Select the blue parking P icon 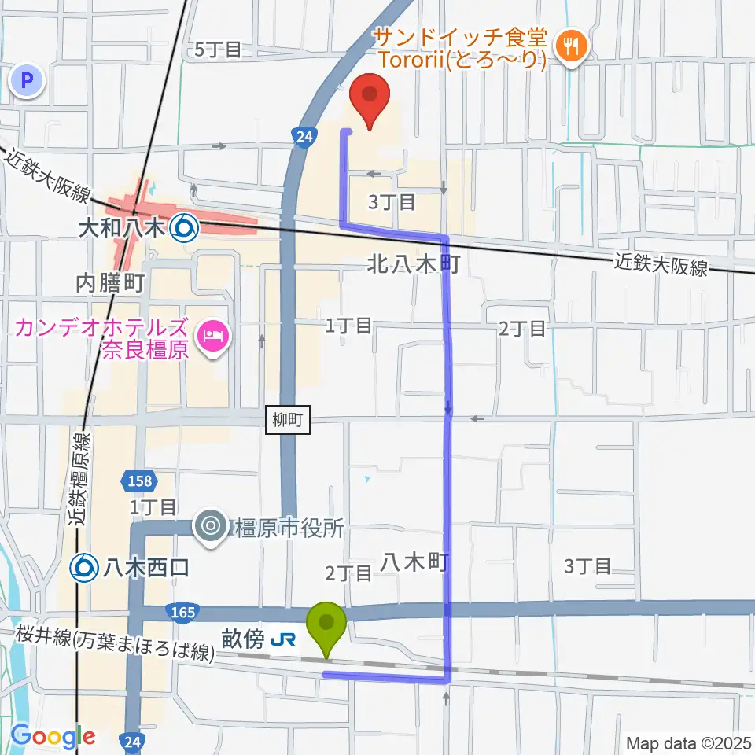click(x=28, y=79)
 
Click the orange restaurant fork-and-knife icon click(x=567, y=46)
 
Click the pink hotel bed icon click(x=212, y=337)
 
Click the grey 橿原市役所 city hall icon click(x=212, y=525)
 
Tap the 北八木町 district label click(x=414, y=264)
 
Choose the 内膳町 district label click(x=111, y=282)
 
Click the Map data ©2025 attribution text click(x=687, y=742)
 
